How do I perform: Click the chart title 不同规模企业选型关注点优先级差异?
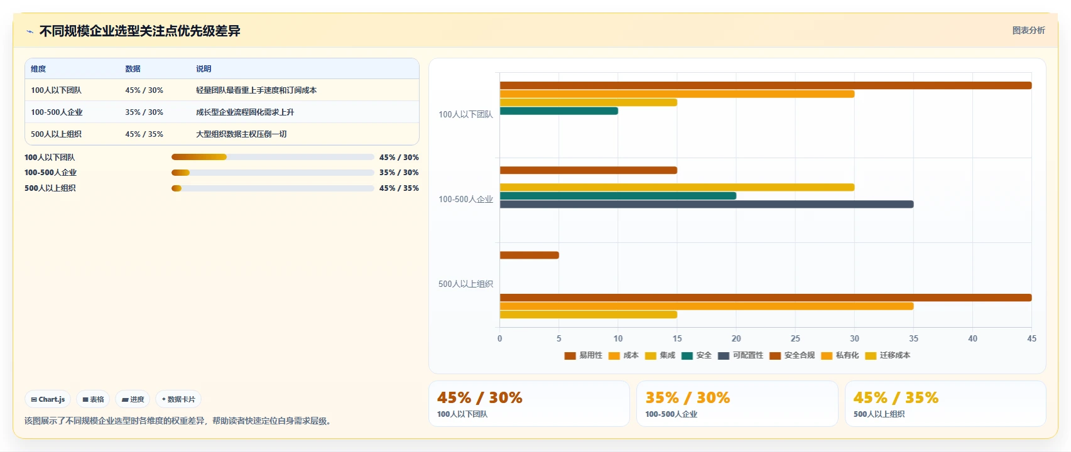point(139,31)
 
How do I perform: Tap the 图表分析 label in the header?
point(1028,31)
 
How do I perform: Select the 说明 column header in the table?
point(203,69)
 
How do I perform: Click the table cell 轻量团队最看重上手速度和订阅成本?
point(256,90)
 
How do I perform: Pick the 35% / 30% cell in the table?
point(144,112)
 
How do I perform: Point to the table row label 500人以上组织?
point(56,134)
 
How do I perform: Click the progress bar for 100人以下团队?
point(273,157)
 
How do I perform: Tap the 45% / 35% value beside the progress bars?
point(399,188)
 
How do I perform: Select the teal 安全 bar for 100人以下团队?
point(559,111)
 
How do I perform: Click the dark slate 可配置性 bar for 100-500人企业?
point(707,205)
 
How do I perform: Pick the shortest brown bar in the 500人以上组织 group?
point(530,255)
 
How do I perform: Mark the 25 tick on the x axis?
point(795,338)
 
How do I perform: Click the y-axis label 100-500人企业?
point(465,199)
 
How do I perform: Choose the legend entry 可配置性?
point(741,355)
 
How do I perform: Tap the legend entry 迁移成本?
point(888,355)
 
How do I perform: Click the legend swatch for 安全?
point(687,356)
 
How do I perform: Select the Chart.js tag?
point(48,399)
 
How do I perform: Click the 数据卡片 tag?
point(178,399)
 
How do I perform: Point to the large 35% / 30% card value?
point(688,397)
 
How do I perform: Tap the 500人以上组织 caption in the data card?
point(879,414)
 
